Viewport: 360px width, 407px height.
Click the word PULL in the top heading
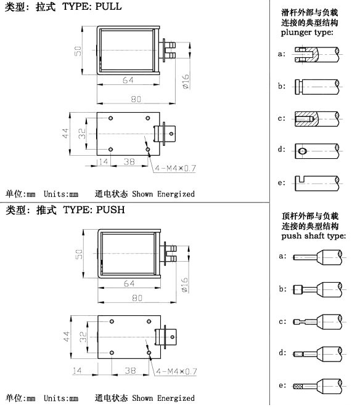coord(108,6)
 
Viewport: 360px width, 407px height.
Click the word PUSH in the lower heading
coord(110,209)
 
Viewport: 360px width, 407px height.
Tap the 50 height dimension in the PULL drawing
coord(78,51)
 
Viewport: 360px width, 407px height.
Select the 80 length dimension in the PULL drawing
coord(136,99)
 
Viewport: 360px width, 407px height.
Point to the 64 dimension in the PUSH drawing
coord(129,283)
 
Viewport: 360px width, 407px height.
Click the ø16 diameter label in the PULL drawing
coord(186,81)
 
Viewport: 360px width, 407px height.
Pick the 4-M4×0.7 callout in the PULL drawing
coord(176,168)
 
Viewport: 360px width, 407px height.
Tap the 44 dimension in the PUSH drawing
coord(67,336)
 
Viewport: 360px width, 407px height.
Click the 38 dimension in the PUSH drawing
coord(130,371)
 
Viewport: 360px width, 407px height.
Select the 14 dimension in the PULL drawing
coord(104,162)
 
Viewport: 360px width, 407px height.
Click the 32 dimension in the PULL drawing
coord(81,133)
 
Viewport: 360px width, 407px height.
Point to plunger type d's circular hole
coord(302,151)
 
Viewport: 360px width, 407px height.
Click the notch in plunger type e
coord(302,179)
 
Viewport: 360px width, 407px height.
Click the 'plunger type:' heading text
coord(307,33)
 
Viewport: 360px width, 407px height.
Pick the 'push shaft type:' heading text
coord(314,236)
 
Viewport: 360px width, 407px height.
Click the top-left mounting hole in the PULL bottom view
coord(111,118)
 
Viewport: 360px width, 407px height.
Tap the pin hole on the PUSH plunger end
coord(172,337)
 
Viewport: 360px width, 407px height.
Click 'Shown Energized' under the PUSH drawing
coord(163,398)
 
